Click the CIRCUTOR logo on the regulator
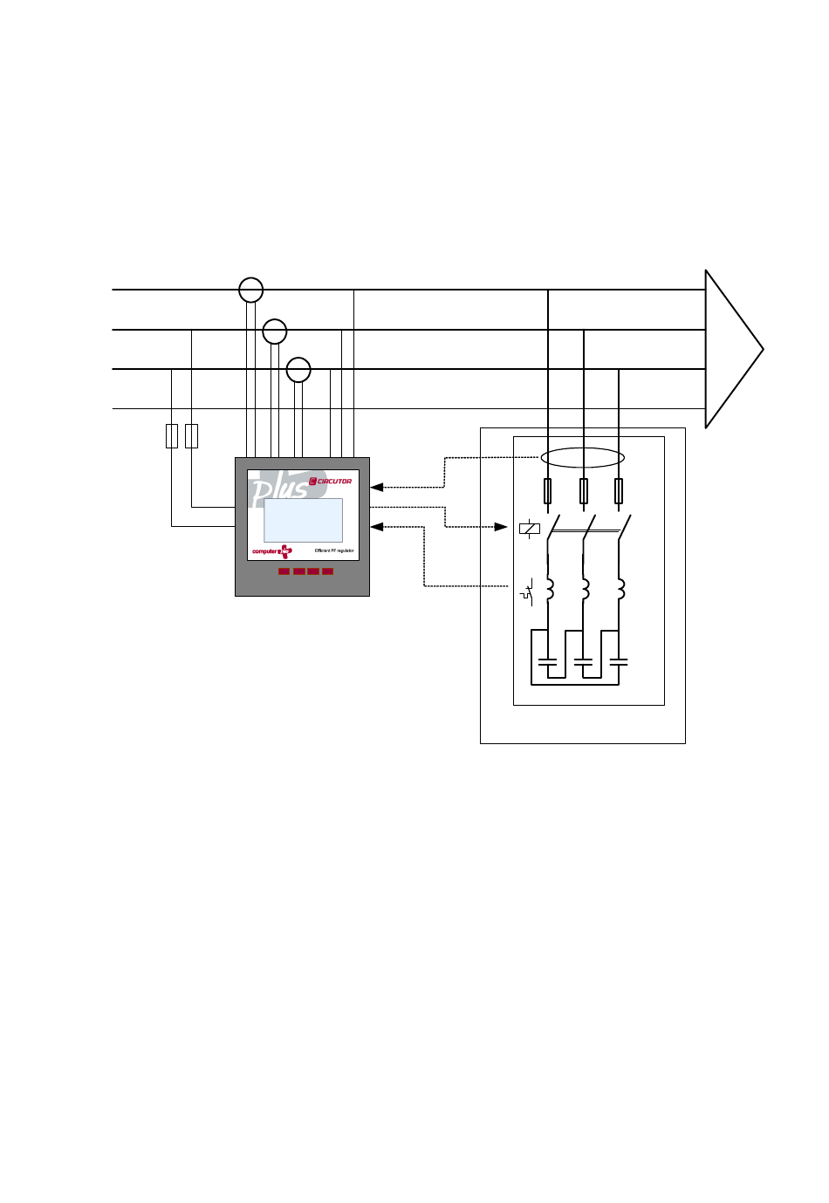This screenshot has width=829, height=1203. click(331, 481)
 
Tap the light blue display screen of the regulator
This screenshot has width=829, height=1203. click(303, 520)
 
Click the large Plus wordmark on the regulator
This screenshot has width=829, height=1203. click(279, 489)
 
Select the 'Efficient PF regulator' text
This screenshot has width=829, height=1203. click(334, 551)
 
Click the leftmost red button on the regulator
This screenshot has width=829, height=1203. click(284, 571)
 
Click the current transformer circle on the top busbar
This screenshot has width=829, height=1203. click(251, 290)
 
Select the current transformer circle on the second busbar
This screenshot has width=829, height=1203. click(275, 331)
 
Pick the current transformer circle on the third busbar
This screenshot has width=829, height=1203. click(298, 370)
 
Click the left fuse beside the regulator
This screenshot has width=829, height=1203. click(172, 436)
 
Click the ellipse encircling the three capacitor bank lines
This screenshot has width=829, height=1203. click(582, 458)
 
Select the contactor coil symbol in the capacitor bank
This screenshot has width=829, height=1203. click(529, 528)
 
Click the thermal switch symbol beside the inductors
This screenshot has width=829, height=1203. click(527, 592)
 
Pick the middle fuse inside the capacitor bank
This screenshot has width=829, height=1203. click(583, 491)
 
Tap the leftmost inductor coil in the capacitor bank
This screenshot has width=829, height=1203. click(549, 590)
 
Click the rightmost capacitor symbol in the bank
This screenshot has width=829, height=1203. click(619, 663)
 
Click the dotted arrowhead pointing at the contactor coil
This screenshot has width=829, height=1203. click(501, 527)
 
